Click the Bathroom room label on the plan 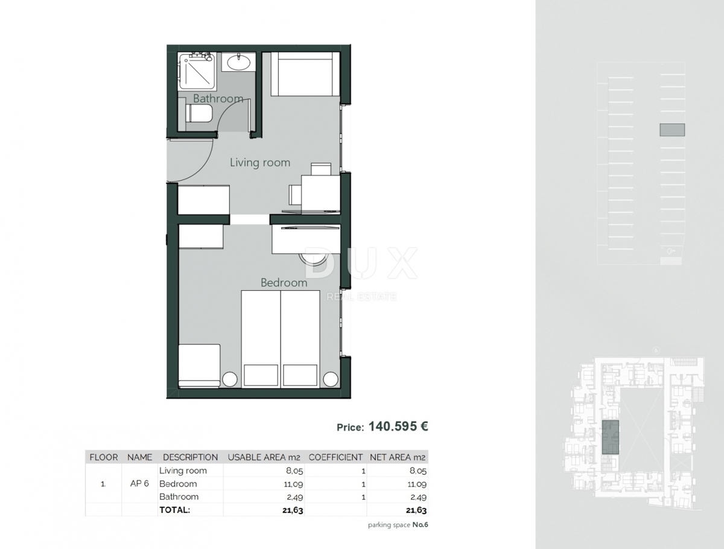point(218,98)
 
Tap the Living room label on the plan point(260,162)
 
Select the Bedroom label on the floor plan point(284,282)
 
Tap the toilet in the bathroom point(198,113)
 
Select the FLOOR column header point(104,457)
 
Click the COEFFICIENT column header point(335,457)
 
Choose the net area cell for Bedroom point(417,484)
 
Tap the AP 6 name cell point(139,484)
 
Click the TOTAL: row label point(174,510)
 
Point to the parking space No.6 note point(398,525)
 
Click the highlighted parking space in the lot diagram point(672,130)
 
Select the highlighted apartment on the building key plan point(611,437)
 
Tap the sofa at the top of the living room point(305,74)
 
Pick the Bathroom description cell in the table point(179,497)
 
